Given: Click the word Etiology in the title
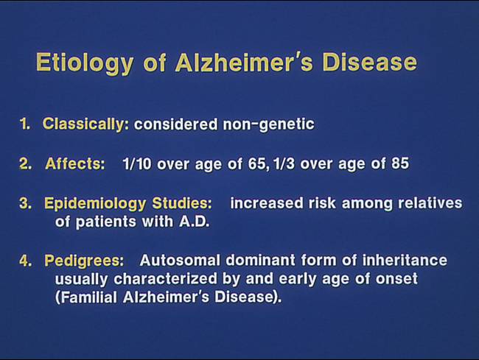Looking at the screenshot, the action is coord(85,63).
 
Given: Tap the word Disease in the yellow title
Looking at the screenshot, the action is coord(370,63).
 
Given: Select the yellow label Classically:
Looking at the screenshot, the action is coord(85,124).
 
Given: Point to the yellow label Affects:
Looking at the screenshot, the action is coord(75,164).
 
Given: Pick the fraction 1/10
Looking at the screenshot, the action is coord(137,164).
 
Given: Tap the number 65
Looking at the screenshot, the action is coord(257,164).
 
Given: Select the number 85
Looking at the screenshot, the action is coord(400,163).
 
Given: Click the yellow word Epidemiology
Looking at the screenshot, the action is coord(95,204).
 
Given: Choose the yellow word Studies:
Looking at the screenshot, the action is coord(182,203).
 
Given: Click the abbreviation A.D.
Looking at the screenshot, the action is coord(195,222).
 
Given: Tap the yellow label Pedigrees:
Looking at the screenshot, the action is coord(84,261).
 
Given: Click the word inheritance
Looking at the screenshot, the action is coord(405,261).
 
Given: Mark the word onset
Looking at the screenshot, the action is coord(396,279).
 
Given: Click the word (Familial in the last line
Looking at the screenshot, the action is coord(85,297).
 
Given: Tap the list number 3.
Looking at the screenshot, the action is coord(25,203).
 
